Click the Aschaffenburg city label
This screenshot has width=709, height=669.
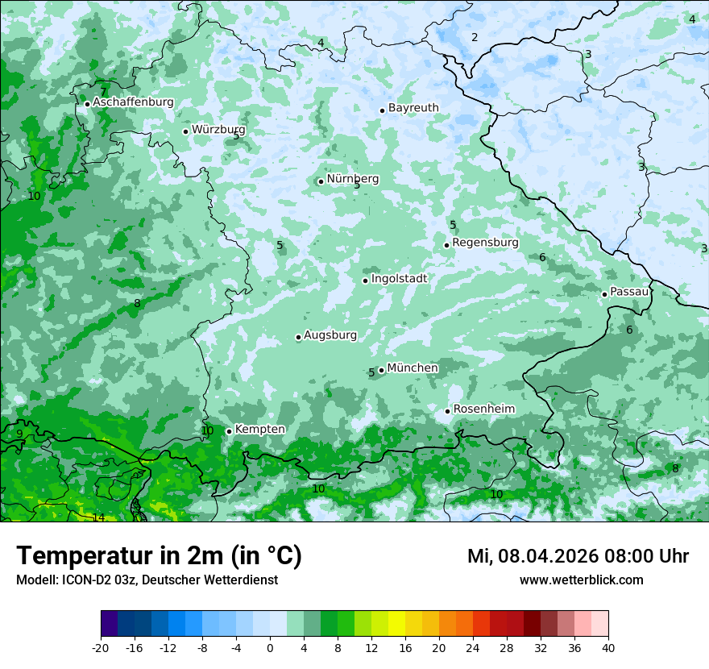click(x=133, y=102)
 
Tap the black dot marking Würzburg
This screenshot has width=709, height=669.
click(x=185, y=131)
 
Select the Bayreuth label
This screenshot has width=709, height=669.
click(x=413, y=108)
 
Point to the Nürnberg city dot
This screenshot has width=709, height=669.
click(x=321, y=181)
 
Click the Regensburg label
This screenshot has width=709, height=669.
click(x=485, y=243)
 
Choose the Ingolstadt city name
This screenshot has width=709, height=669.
click(x=399, y=279)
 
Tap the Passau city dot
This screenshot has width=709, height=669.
click(x=604, y=294)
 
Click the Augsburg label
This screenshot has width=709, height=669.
click(x=330, y=335)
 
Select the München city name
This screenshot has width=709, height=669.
click(x=413, y=368)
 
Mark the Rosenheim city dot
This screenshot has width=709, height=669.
click(x=447, y=411)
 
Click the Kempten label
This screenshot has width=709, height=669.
click(x=259, y=430)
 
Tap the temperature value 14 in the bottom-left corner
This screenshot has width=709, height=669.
click(x=98, y=517)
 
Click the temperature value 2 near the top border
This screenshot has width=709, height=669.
click(x=475, y=37)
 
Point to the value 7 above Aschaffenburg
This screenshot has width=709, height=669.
click(x=103, y=92)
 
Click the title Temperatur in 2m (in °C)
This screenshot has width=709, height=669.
click(x=159, y=556)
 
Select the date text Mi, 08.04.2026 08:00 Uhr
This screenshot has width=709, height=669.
click(x=578, y=556)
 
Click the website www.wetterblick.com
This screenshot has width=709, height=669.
click(x=581, y=580)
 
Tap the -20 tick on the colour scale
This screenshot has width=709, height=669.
click(x=101, y=647)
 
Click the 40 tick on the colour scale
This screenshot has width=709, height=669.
click(x=608, y=647)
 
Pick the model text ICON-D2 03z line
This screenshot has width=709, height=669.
click(x=147, y=580)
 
